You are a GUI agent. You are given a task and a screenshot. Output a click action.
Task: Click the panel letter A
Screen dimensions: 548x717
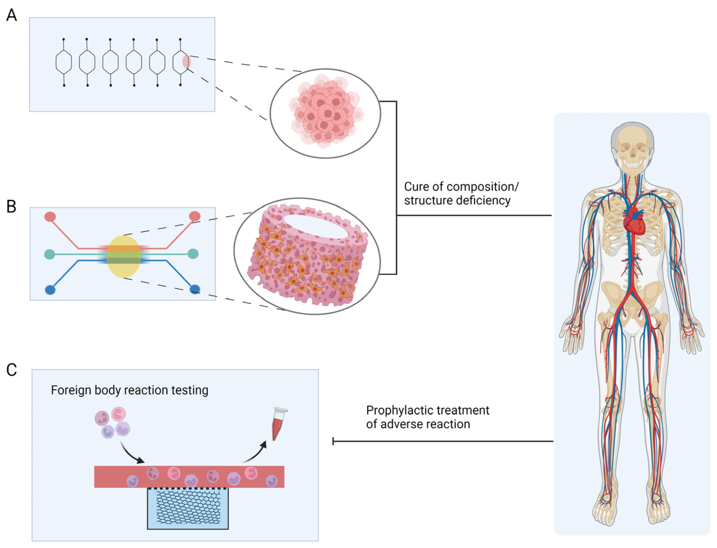[x=11, y=15]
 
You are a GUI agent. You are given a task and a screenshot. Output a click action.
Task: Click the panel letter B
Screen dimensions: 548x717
[x=11, y=207]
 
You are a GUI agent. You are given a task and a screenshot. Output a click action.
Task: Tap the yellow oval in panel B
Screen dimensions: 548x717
[x=124, y=257]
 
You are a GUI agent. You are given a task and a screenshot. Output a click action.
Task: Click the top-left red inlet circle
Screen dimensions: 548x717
[x=50, y=216]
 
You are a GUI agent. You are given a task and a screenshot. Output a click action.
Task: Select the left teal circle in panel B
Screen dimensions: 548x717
[x=50, y=254]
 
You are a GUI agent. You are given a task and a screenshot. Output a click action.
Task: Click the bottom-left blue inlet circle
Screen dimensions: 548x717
[x=50, y=290]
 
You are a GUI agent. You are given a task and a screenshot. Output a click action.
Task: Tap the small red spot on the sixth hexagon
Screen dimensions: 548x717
[x=187, y=61]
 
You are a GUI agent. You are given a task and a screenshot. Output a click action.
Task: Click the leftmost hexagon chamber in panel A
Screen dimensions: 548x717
[x=64, y=62]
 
